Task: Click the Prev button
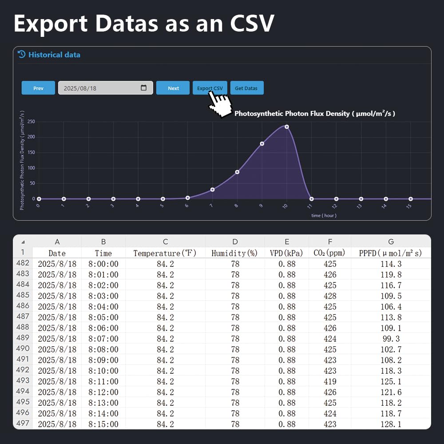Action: click(x=38, y=88)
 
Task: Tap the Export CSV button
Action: click(x=210, y=88)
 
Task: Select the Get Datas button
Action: click(x=246, y=88)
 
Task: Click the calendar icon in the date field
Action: click(x=143, y=88)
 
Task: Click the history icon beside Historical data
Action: click(x=21, y=54)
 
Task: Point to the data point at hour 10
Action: click(x=287, y=127)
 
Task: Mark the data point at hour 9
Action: click(x=262, y=143)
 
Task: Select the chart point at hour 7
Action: click(x=212, y=190)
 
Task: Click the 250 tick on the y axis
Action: click(x=31, y=121)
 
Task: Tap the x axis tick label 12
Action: click(x=335, y=206)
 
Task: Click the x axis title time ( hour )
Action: click(x=324, y=215)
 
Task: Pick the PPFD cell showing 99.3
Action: click(x=391, y=339)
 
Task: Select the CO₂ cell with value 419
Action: click(x=330, y=381)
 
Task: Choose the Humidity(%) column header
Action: click(x=234, y=253)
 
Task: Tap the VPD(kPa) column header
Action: click(x=286, y=253)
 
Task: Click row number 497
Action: click(x=23, y=423)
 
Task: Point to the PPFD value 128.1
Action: click(x=391, y=424)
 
